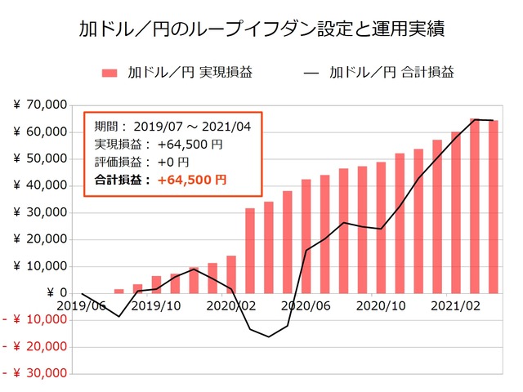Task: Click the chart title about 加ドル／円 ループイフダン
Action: (261, 30)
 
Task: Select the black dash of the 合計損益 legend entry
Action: (311, 73)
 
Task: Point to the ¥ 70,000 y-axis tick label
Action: (40, 105)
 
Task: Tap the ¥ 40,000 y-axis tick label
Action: (40, 185)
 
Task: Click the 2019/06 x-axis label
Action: (82, 305)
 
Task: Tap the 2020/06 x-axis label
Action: (305, 305)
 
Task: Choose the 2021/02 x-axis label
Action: (454, 305)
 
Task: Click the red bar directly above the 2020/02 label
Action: (231, 274)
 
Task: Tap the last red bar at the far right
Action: (493, 207)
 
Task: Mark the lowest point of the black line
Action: (269, 336)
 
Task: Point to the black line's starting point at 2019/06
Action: (82, 293)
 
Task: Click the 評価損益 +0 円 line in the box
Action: (143, 161)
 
